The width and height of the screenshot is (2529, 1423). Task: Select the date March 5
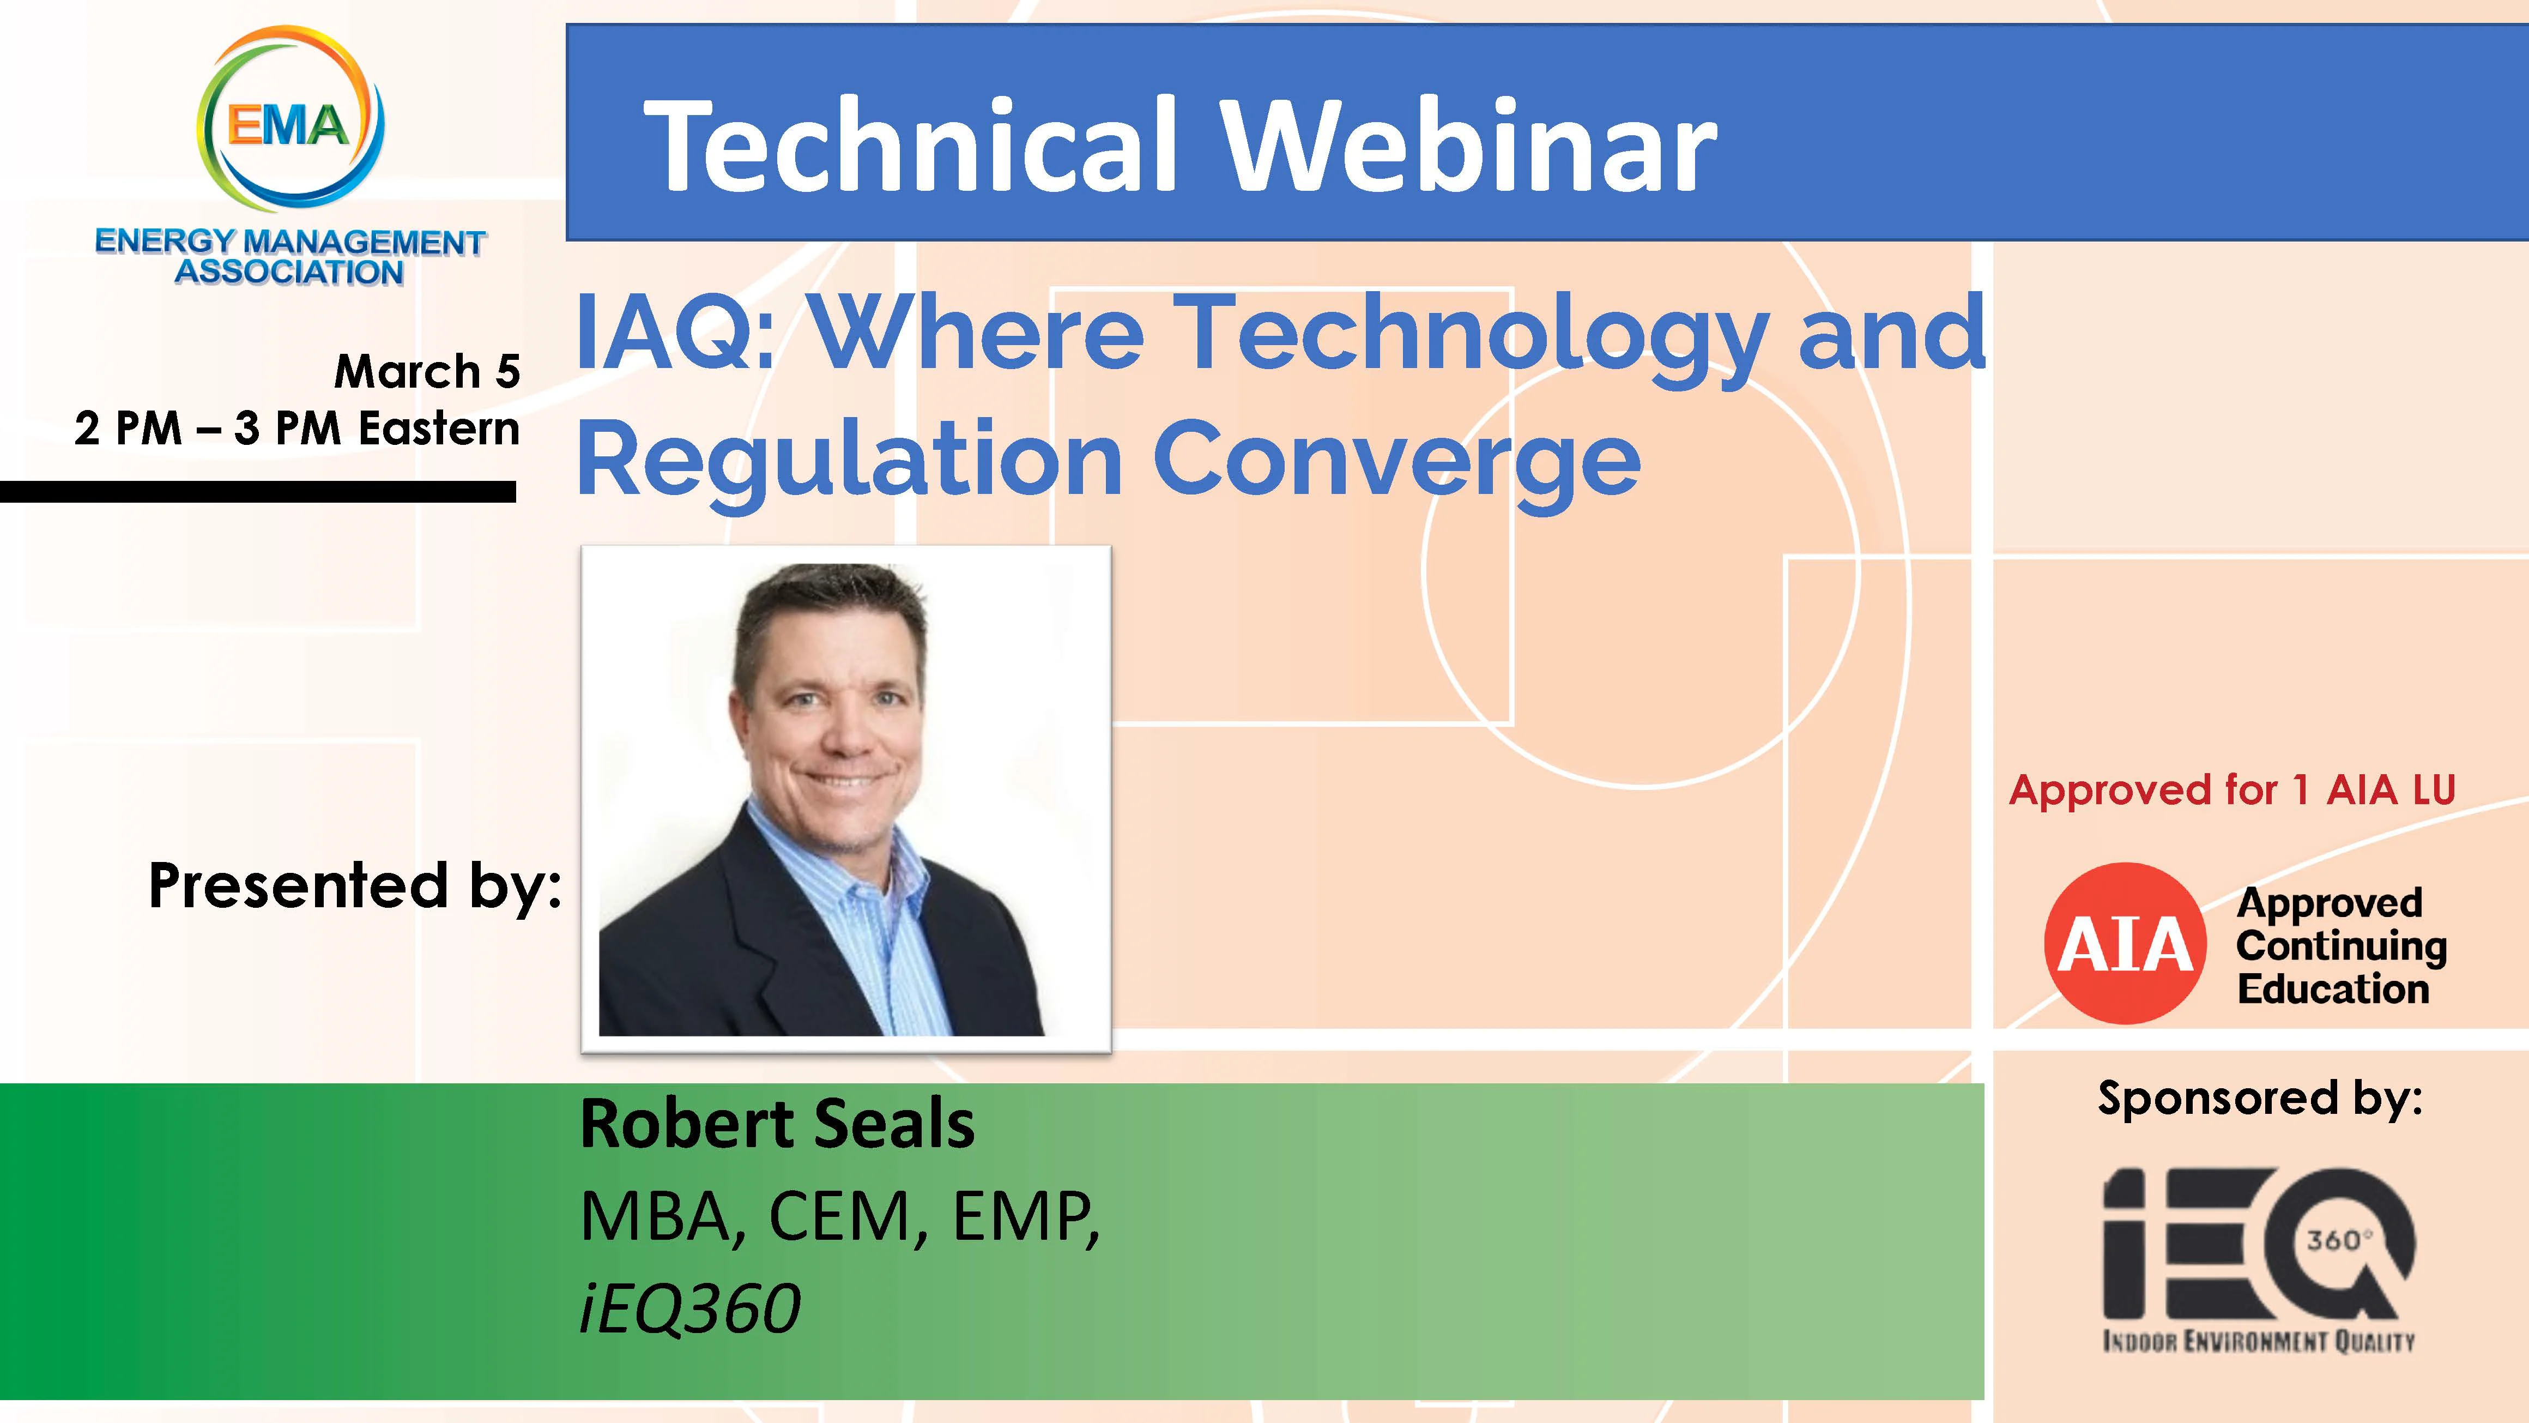point(427,371)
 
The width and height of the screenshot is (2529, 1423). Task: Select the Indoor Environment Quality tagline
point(2258,1341)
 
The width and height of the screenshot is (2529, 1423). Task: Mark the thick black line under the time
point(257,491)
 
